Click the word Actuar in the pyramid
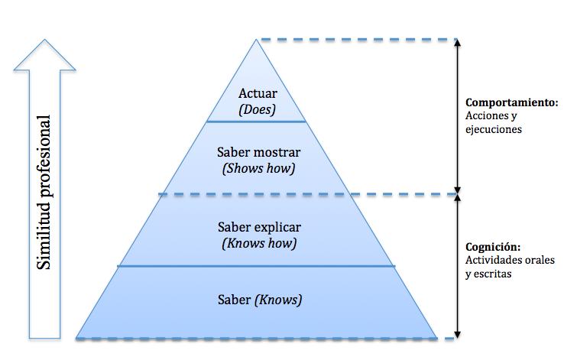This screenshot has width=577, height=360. tap(257, 94)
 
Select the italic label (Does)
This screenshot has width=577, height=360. tap(257, 109)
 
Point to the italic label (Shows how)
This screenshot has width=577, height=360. tap(258, 168)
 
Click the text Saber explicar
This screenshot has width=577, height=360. tap(259, 227)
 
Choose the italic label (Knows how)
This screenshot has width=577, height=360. tap(258, 243)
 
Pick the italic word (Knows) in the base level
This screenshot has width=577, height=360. tap(278, 300)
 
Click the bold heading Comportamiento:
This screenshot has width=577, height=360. tap(511, 102)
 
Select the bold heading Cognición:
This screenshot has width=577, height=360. tap(493, 247)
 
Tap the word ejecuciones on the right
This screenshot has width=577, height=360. tap(493, 129)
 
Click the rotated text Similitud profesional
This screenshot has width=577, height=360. tap(45, 193)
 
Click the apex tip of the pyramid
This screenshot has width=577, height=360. tap(257, 41)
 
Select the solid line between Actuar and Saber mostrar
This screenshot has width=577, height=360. tap(257, 122)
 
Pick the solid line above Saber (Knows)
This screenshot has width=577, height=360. tap(257, 266)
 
